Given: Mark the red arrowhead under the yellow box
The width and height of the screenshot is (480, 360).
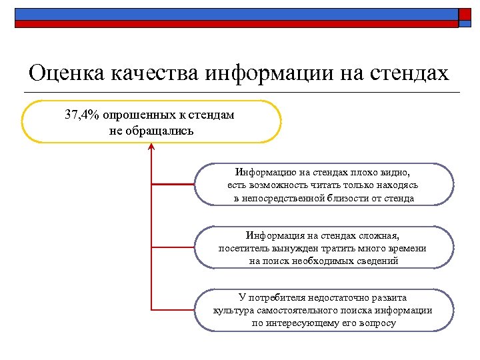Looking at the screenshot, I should pos(151,147).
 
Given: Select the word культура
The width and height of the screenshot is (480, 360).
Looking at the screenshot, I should pos(233,310).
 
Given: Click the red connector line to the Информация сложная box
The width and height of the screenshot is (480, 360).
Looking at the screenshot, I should pos(173,247).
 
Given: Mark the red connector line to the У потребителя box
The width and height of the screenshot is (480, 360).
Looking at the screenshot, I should pos(173,310).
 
